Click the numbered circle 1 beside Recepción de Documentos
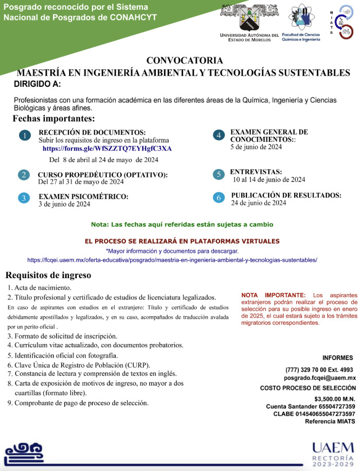click(x=25, y=136)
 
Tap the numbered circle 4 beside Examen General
click(x=219, y=135)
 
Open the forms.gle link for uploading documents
click(x=107, y=149)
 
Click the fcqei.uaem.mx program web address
click(x=172, y=260)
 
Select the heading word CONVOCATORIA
click(x=185, y=61)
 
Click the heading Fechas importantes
click(x=54, y=119)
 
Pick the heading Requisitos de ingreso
click(x=48, y=275)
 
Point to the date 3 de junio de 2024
click(x=64, y=204)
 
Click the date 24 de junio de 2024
click(x=258, y=203)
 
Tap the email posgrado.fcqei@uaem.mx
click(x=320, y=377)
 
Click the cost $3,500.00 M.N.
click(x=334, y=398)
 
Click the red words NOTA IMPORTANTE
click(x=273, y=295)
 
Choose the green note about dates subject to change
click(x=182, y=225)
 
